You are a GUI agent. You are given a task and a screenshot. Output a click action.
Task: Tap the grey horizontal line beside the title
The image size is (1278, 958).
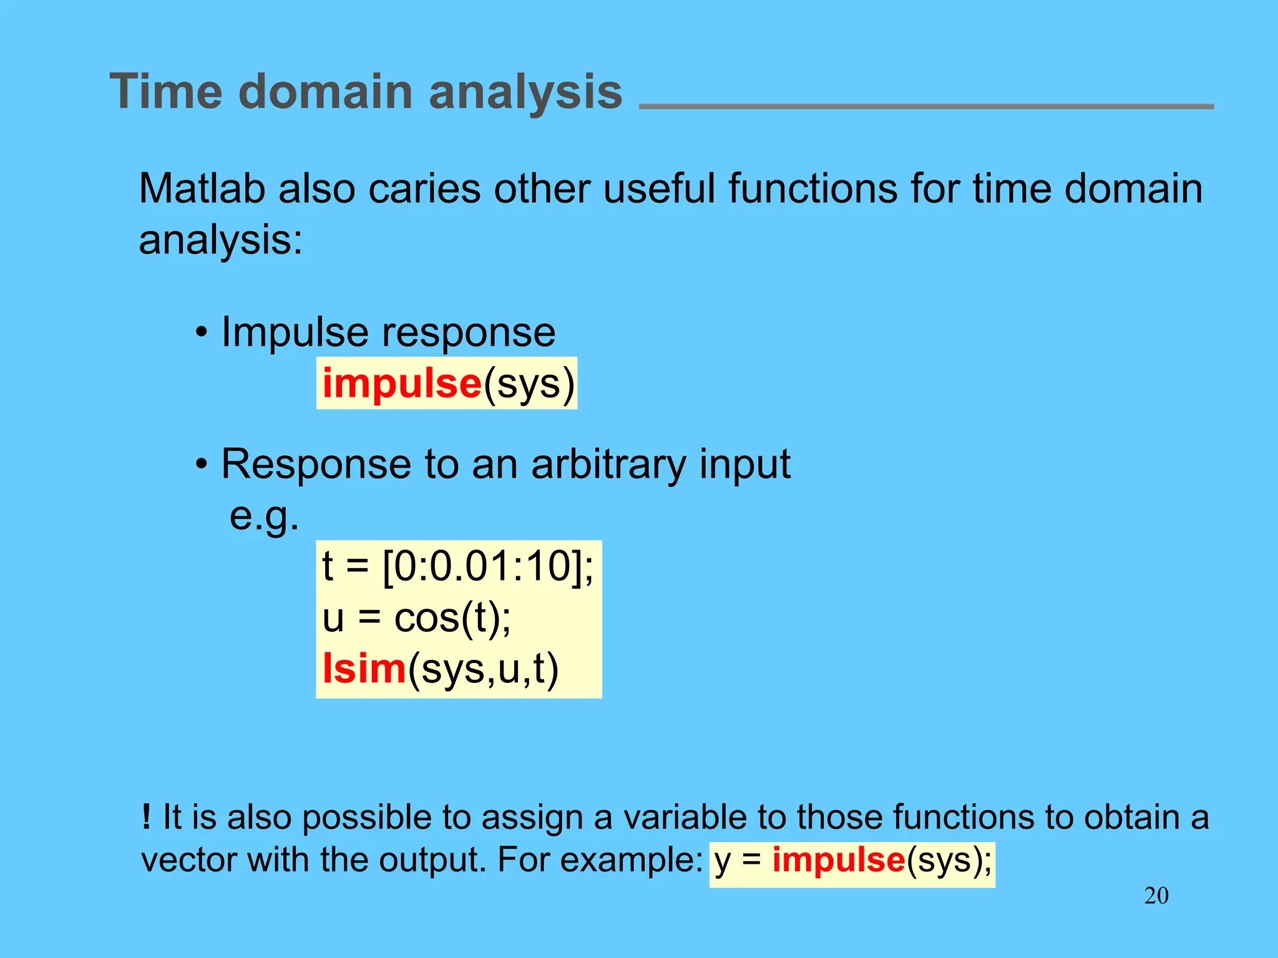tap(926, 107)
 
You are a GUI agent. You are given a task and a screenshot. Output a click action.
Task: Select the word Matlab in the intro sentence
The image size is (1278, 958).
tap(202, 188)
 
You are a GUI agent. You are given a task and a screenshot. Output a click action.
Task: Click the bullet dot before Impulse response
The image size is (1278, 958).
tap(201, 333)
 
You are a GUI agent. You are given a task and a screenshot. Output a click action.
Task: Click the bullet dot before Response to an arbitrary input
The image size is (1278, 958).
tap(201, 465)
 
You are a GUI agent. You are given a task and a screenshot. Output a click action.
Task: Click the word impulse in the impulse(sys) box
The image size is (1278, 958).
tap(402, 383)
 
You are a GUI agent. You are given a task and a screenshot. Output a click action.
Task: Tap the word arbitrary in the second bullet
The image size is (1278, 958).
tap(608, 464)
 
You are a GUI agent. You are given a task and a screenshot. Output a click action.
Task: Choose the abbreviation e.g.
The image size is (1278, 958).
tap(264, 516)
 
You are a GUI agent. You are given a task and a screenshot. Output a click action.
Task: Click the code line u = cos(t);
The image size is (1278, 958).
tap(416, 618)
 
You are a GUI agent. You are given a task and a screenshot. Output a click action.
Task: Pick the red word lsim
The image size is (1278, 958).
tap(364, 669)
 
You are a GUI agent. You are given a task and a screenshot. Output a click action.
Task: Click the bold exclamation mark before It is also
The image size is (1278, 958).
tap(146, 816)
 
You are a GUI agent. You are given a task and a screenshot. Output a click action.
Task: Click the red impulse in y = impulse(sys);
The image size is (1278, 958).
tap(839, 860)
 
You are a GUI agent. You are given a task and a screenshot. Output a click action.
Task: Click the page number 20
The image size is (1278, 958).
tap(1156, 896)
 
